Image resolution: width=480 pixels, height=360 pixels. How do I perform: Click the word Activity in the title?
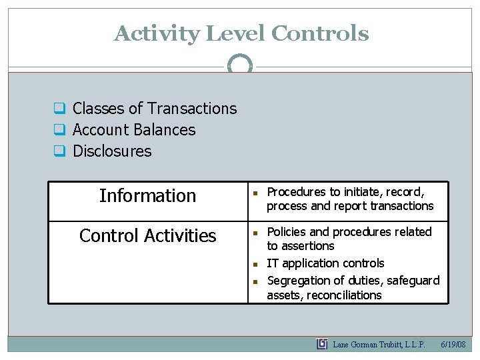point(156,33)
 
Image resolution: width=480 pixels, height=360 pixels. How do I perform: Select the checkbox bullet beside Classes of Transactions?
point(59,109)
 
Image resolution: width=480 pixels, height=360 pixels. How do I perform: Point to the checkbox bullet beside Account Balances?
point(59,130)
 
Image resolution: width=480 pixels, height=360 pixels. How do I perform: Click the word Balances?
point(165,130)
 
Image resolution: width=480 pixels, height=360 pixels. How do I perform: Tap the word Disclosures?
point(112,151)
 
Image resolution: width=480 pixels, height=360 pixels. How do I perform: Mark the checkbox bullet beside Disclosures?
point(59,151)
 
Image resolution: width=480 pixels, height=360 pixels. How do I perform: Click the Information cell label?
point(147,196)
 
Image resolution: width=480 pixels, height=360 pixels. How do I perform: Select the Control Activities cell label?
point(147,236)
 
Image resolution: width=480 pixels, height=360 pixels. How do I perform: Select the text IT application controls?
point(325,263)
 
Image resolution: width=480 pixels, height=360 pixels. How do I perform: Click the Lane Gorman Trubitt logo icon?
point(322,344)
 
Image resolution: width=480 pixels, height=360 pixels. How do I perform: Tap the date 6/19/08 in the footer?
point(455,345)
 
